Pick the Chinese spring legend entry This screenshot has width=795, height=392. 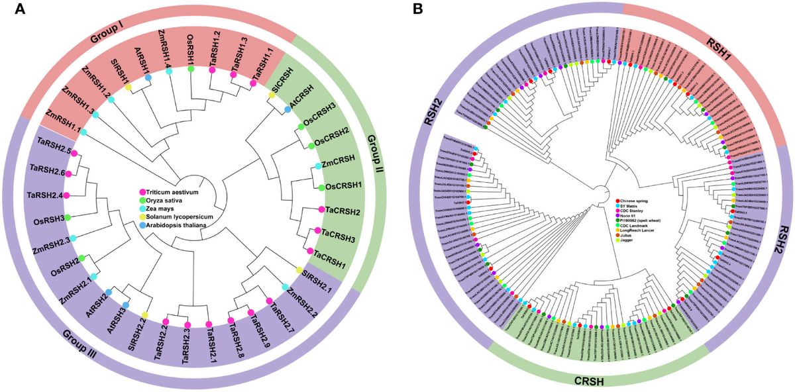635,199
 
